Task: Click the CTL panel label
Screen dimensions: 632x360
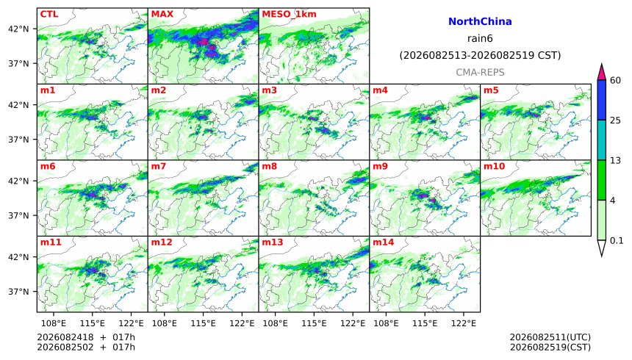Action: click(49, 14)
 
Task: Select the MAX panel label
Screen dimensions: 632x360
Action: click(162, 14)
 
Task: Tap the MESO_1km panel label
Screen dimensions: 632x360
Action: click(289, 15)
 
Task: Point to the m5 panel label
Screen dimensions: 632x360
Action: click(491, 90)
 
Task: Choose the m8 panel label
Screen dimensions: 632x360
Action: click(269, 166)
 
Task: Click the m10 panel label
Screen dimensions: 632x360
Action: click(494, 166)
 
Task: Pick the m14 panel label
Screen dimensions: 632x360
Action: click(383, 242)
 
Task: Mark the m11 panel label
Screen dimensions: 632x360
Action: click(51, 242)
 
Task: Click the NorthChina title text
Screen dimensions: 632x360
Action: click(480, 22)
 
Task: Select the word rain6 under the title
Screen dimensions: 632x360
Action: click(480, 39)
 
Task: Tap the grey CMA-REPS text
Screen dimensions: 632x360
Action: click(480, 73)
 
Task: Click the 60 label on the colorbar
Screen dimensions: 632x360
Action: click(615, 81)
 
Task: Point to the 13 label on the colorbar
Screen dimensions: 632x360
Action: click(615, 161)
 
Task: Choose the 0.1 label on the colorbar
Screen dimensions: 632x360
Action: click(617, 241)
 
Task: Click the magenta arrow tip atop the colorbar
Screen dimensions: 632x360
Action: click(602, 65)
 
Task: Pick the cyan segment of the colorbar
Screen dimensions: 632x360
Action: click(602, 140)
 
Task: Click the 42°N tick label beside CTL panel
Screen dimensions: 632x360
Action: click(20, 29)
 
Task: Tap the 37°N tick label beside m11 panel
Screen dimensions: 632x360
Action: click(20, 292)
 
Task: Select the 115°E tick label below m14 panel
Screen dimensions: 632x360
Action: click(425, 323)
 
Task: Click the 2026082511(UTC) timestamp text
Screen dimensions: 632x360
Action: click(550, 337)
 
